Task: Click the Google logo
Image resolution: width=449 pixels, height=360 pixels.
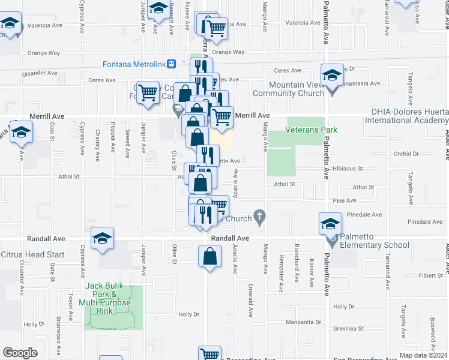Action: click(20, 352)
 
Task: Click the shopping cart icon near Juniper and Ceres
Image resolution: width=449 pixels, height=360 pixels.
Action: click(148, 92)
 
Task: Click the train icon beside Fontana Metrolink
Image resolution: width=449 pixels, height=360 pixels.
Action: click(171, 64)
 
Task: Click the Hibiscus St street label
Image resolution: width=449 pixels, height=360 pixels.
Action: click(348, 170)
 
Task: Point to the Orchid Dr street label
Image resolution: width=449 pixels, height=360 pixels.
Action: click(406, 154)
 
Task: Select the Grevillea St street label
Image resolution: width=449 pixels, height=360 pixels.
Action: click(349, 328)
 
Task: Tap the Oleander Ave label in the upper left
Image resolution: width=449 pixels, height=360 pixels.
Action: click(40, 73)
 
